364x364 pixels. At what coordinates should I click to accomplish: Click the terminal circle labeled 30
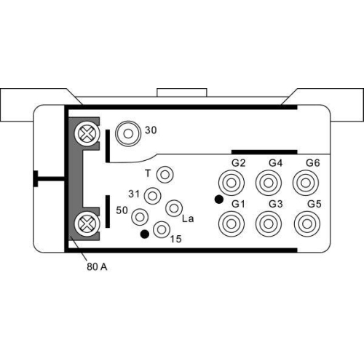point(129,133)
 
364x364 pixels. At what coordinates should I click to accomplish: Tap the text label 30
point(151,131)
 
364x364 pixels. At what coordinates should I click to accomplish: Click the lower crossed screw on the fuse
point(87,222)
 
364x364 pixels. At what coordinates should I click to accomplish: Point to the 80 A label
point(96,267)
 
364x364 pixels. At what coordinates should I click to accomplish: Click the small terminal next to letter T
point(165,175)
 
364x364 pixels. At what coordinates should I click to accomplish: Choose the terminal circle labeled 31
point(153,195)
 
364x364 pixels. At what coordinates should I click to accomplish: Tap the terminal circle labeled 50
point(139,216)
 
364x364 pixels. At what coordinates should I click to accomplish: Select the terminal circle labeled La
point(173,208)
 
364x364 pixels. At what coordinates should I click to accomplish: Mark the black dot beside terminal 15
point(145,234)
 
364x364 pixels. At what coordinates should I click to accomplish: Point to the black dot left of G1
point(218,199)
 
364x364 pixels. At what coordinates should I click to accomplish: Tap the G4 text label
point(275,162)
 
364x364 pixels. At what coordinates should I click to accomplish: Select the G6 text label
point(313,162)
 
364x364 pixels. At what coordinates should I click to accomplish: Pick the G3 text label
point(275,203)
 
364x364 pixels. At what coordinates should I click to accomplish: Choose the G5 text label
point(314,203)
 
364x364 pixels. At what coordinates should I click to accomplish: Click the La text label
point(187,218)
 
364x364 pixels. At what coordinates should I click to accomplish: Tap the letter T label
point(148,173)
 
